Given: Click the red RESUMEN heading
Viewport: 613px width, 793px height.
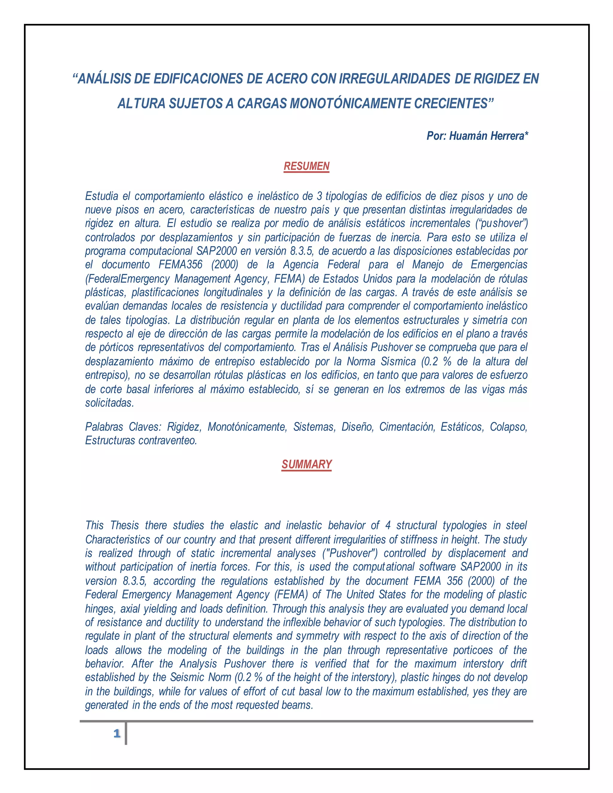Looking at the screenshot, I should [306, 166].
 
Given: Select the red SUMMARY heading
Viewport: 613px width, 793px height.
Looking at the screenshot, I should [306, 464].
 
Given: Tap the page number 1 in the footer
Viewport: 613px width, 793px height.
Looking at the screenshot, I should [116, 734].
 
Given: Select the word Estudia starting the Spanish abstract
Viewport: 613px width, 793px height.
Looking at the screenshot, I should [101, 196].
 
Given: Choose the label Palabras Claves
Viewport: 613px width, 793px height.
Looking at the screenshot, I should [123, 427].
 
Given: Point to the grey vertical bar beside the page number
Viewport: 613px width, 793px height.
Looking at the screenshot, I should [126, 734].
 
